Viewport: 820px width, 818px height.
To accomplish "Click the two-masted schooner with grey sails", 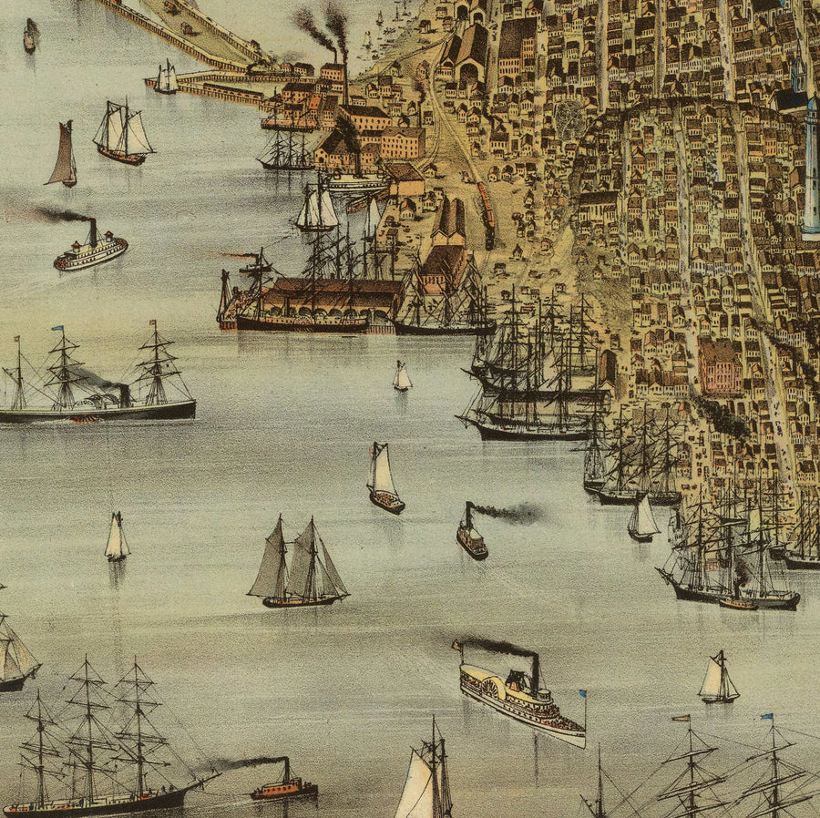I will tap(298, 566).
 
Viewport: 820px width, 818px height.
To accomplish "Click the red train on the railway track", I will tap(486, 205).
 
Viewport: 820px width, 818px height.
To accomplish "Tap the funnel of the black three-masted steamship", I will tap(124, 394).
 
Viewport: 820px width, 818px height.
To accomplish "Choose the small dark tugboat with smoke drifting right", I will tap(471, 537).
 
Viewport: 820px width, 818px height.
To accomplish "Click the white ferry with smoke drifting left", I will tap(90, 250).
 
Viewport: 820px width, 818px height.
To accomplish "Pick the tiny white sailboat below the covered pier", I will tap(402, 376).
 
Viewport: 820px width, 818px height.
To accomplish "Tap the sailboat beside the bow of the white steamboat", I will tap(718, 680).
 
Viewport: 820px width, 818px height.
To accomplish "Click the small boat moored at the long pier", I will tap(166, 78).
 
